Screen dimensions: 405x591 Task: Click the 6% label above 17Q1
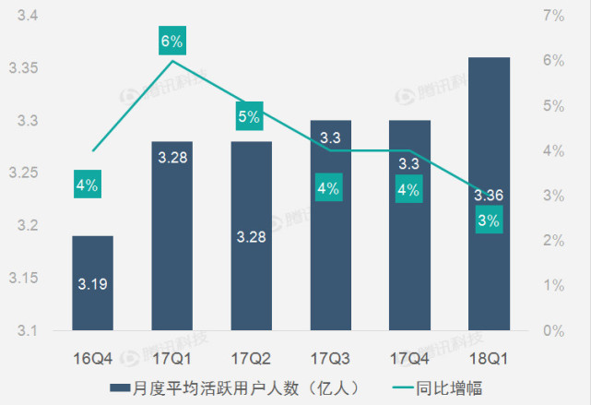(172, 41)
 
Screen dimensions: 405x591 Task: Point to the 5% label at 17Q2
(249, 117)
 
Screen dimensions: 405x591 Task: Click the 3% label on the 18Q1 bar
(489, 220)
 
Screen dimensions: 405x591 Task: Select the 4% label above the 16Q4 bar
(88, 185)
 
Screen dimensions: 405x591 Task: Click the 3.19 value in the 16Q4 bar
(92, 284)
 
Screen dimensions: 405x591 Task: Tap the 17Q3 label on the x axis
(330, 357)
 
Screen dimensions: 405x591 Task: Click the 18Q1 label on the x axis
(489, 357)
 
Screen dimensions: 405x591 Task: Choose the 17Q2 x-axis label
(251, 357)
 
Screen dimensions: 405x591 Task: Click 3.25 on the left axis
(22, 173)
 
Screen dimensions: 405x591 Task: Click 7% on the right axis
(553, 16)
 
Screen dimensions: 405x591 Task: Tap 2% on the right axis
(553, 241)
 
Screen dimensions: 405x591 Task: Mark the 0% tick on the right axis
(553, 330)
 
